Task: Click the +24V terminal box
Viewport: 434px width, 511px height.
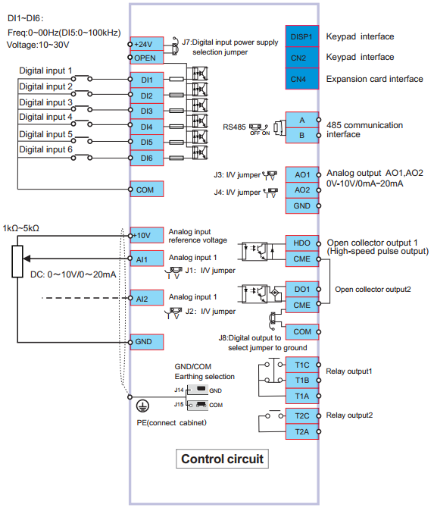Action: (x=147, y=44)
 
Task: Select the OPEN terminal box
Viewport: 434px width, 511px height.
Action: (x=147, y=58)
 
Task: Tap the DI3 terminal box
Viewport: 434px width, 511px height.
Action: (x=147, y=111)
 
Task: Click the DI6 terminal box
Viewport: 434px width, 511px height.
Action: (x=147, y=158)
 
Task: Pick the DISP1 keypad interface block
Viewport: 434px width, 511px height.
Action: (x=301, y=36)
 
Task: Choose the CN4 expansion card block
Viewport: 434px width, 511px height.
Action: (x=301, y=79)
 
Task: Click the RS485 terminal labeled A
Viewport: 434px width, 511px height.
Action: (x=301, y=120)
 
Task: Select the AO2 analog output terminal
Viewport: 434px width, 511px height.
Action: (x=301, y=190)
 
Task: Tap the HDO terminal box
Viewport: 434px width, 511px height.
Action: (x=301, y=243)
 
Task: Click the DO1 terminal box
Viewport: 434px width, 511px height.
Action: (x=301, y=290)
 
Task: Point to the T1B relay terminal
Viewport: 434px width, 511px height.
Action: (x=301, y=381)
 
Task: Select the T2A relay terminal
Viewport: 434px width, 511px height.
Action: (x=301, y=432)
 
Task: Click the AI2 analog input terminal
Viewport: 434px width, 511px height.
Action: (x=147, y=298)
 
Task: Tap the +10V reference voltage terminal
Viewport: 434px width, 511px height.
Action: (x=147, y=235)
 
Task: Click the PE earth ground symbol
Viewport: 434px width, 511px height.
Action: (x=142, y=406)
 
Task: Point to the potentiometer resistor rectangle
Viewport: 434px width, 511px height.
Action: (x=17, y=262)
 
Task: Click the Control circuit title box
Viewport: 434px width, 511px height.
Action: (x=222, y=459)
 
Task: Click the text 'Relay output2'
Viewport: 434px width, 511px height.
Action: (x=349, y=415)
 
